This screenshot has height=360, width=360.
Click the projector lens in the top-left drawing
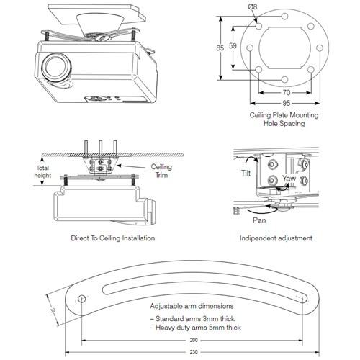pyautogui.click(x=55, y=67)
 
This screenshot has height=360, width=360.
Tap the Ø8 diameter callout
pyautogui.click(x=253, y=6)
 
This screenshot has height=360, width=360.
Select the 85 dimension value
pyautogui.click(x=220, y=48)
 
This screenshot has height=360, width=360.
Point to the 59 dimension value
pyautogui.click(x=233, y=45)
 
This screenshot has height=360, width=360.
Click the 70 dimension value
pyautogui.click(x=287, y=92)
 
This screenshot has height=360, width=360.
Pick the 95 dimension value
pyautogui.click(x=287, y=103)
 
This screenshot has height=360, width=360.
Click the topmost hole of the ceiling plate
pyautogui.click(x=284, y=17)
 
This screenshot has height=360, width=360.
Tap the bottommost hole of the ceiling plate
pyautogui.click(x=284, y=79)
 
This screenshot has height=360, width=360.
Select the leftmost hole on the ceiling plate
pyautogui.click(x=250, y=48)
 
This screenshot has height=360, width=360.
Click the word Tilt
pyautogui.click(x=246, y=173)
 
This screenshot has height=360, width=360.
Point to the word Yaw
pyautogui.click(x=289, y=179)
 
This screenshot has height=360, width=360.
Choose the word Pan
pyautogui.click(x=259, y=220)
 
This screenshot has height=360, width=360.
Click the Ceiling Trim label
pyautogui.click(x=161, y=171)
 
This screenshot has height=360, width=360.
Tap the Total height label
pyautogui.click(x=42, y=171)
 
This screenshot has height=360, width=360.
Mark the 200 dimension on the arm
pyautogui.click(x=194, y=340)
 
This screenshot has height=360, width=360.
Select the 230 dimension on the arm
pyautogui.click(x=194, y=352)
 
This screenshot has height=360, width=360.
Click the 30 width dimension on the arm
pyautogui.click(x=53, y=310)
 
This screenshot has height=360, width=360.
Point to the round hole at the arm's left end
pyautogui.click(x=82, y=300)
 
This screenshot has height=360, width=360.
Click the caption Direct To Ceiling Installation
pyautogui.click(x=113, y=238)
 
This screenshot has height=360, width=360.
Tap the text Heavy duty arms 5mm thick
pyautogui.click(x=196, y=328)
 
